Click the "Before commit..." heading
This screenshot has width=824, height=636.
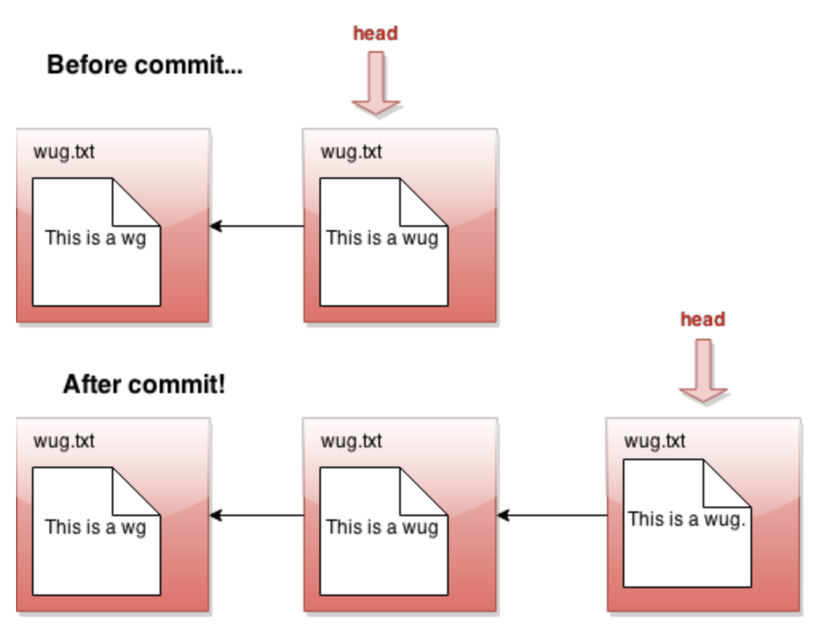pyautogui.click(x=145, y=66)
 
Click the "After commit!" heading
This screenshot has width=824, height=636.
pyautogui.click(x=144, y=384)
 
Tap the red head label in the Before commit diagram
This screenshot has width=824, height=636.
pyautogui.click(x=375, y=33)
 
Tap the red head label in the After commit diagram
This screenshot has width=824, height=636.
pyautogui.click(x=703, y=320)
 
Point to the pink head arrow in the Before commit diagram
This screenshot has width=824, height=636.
pyautogui.click(x=376, y=82)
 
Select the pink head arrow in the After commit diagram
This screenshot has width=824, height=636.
pyautogui.click(x=703, y=371)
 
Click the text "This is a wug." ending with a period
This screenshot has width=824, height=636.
pyautogui.click(x=687, y=519)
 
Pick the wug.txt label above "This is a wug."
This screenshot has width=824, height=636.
pyautogui.click(x=655, y=441)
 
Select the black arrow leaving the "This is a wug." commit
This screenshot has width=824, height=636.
pyautogui.click(x=552, y=515)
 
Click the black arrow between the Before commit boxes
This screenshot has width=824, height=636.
pyautogui.click(x=257, y=226)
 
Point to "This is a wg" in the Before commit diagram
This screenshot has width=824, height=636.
pyautogui.click(x=96, y=238)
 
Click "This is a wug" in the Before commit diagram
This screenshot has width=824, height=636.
pyautogui.click(x=382, y=238)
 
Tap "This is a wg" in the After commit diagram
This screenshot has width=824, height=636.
pyautogui.click(x=96, y=527)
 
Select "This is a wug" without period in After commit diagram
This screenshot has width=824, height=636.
pyautogui.click(x=382, y=527)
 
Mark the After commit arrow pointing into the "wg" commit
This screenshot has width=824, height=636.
pyautogui.click(x=257, y=515)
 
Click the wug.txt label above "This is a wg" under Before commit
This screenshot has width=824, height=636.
pyautogui.click(x=64, y=152)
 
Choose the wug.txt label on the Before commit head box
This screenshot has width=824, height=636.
pyautogui.click(x=351, y=152)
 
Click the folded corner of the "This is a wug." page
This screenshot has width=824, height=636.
pyautogui.click(x=727, y=483)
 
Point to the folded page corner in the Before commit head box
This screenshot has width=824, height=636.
pyautogui.click(x=423, y=202)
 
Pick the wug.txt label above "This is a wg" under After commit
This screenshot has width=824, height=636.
pyautogui.click(x=64, y=441)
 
